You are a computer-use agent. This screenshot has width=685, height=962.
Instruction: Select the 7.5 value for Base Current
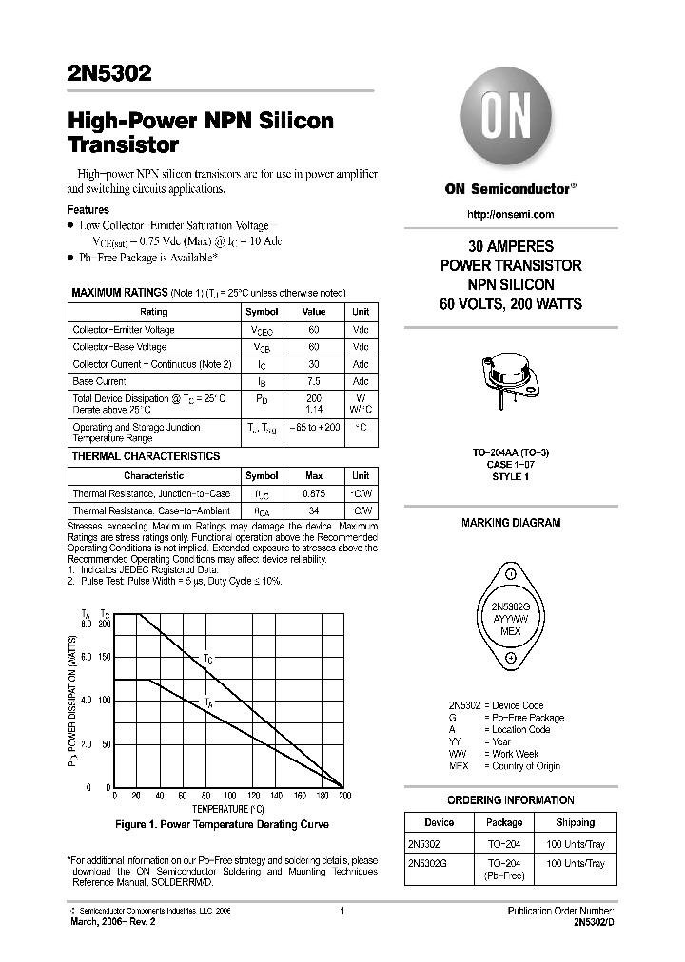[x=313, y=381]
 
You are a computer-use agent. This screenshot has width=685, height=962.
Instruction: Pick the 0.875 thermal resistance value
[x=313, y=493]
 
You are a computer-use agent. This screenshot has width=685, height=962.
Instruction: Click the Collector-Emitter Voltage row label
[x=124, y=330]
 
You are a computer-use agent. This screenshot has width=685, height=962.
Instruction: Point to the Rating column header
[x=153, y=312]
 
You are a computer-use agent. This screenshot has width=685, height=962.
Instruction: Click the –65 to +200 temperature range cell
[x=313, y=428]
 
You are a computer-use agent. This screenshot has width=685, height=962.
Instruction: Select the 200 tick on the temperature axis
[x=344, y=796]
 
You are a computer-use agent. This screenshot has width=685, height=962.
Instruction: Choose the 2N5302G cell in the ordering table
[x=427, y=863]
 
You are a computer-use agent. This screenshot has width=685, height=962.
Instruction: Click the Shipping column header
[x=575, y=822]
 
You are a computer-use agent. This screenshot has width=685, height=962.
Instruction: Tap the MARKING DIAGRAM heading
[x=510, y=523]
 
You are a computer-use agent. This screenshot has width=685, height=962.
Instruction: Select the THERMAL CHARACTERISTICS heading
[x=146, y=456]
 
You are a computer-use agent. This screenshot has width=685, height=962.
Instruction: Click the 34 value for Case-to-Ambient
[x=313, y=511]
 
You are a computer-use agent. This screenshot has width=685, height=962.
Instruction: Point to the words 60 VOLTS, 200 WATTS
[x=510, y=304]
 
